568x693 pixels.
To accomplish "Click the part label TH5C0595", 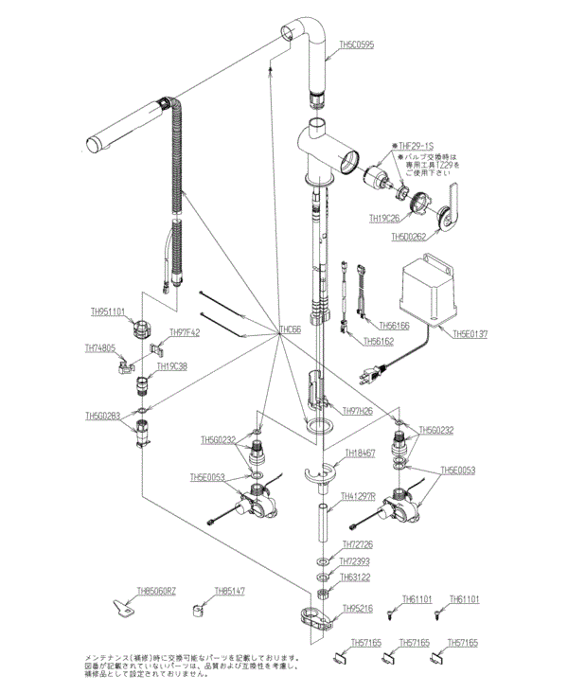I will coord(355,45).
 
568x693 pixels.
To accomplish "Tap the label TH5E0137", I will coord(471,333).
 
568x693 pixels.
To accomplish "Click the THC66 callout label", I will coord(290,329).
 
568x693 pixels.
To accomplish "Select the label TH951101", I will coord(108,311).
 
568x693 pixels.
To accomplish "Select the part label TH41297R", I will coord(359,496).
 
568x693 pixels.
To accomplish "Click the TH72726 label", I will coord(357,545).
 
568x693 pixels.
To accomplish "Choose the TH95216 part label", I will coord(357,609).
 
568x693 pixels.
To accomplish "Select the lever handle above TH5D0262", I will coord(453,205).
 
